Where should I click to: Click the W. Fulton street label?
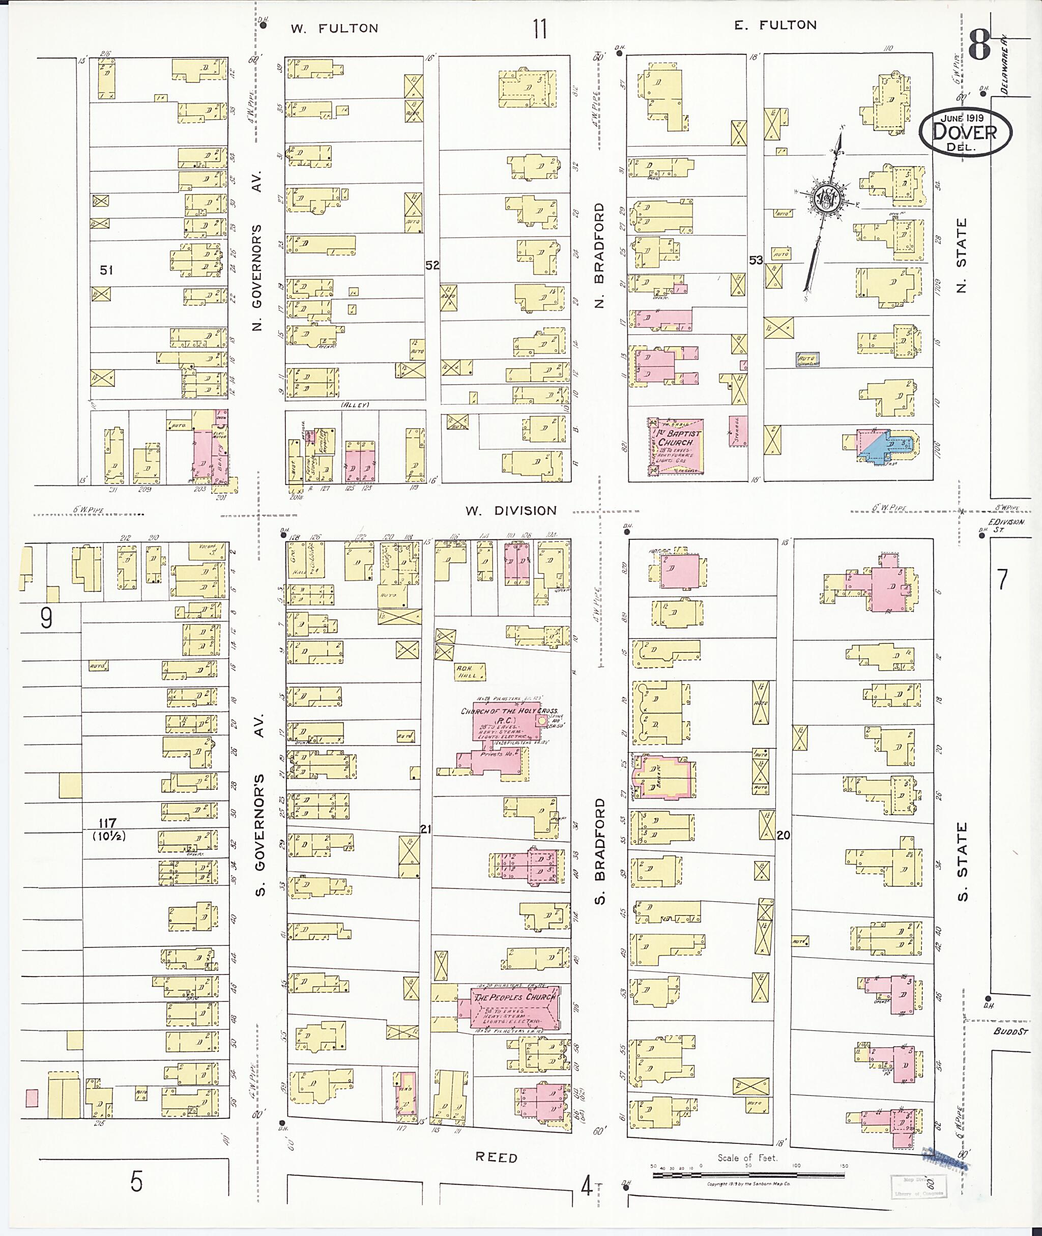(x=334, y=28)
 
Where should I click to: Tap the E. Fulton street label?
(x=775, y=25)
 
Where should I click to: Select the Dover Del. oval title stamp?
(x=965, y=131)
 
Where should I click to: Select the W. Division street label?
(x=510, y=510)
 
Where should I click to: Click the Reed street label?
(x=496, y=1158)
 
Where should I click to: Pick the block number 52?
(x=432, y=265)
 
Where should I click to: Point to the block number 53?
(x=756, y=260)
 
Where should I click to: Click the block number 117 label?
(x=107, y=823)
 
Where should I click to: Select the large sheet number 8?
(x=979, y=46)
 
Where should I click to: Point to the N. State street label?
(x=962, y=255)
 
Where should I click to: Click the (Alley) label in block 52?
(x=355, y=405)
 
